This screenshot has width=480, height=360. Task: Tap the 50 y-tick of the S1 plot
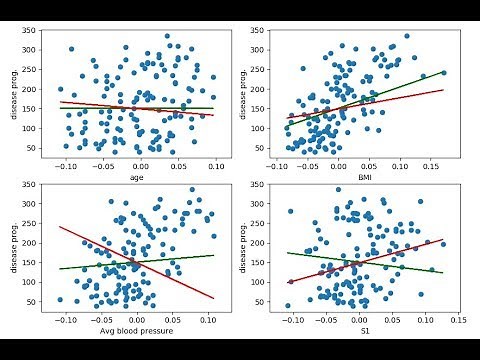click(268, 302)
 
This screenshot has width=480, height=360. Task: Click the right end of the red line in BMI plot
click(444, 90)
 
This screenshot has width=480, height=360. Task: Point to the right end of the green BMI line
click(444, 72)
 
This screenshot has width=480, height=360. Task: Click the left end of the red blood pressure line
click(59, 227)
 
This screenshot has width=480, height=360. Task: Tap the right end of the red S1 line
click(443, 240)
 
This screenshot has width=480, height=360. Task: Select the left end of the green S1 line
click(287, 252)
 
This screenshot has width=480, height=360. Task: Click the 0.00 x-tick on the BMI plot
click(337, 168)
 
